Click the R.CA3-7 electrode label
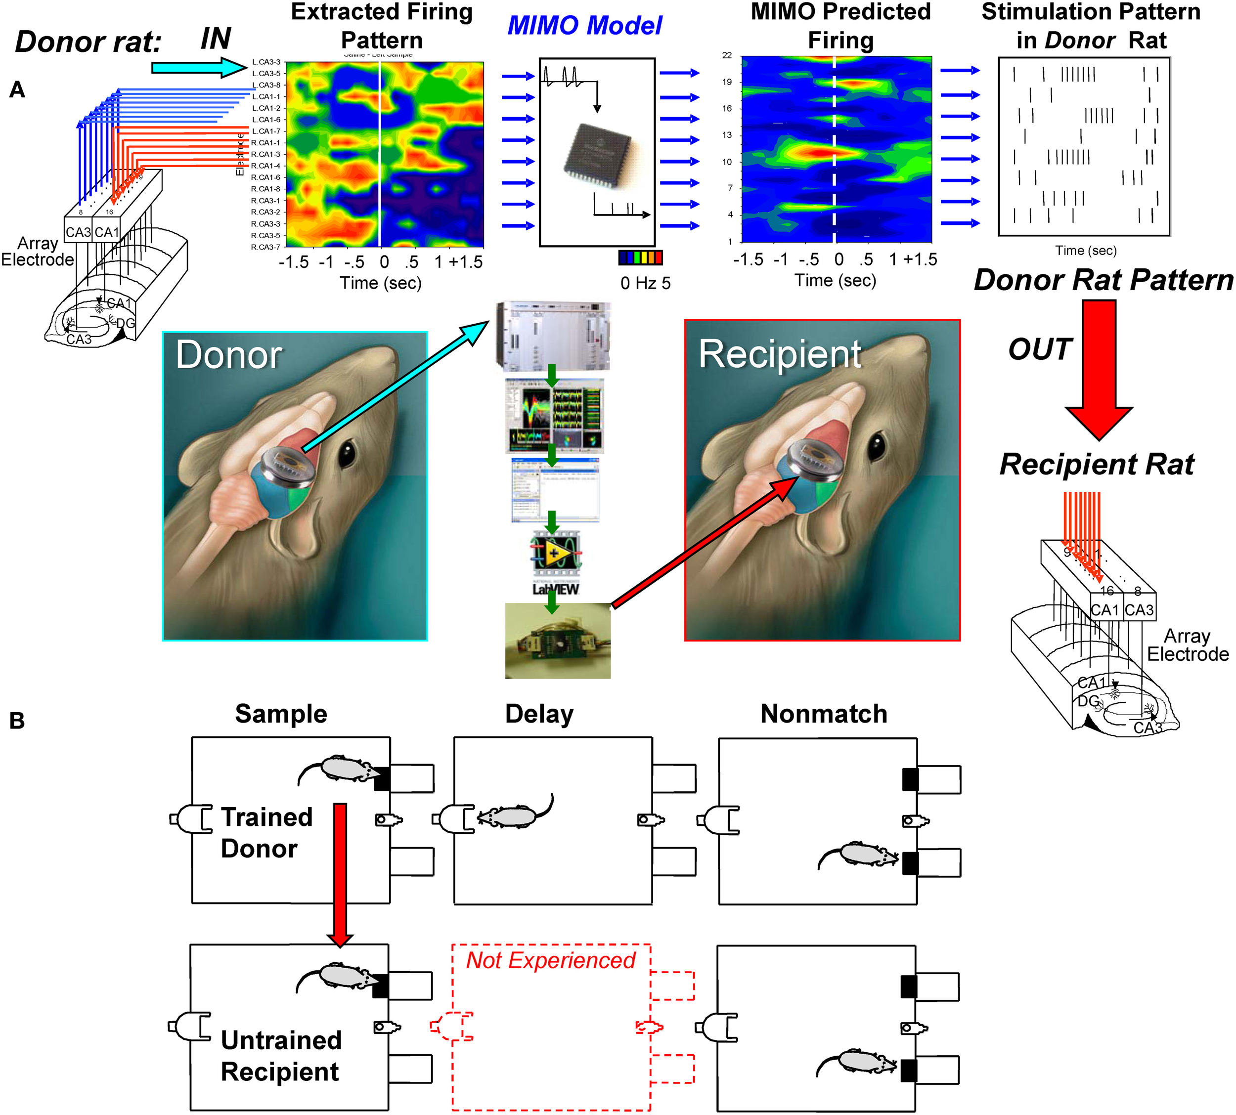pyautogui.click(x=265, y=247)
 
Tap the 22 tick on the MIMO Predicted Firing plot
pyautogui.click(x=727, y=55)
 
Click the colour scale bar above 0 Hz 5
pyautogui.click(x=640, y=257)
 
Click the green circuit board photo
pyautogui.click(x=557, y=640)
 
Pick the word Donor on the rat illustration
pyautogui.click(x=228, y=355)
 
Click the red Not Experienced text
pyautogui.click(x=550, y=960)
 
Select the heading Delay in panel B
pyautogui.click(x=539, y=714)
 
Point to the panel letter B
pyautogui.click(x=17, y=721)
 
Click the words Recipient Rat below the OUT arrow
pyautogui.click(x=1097, y=465)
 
